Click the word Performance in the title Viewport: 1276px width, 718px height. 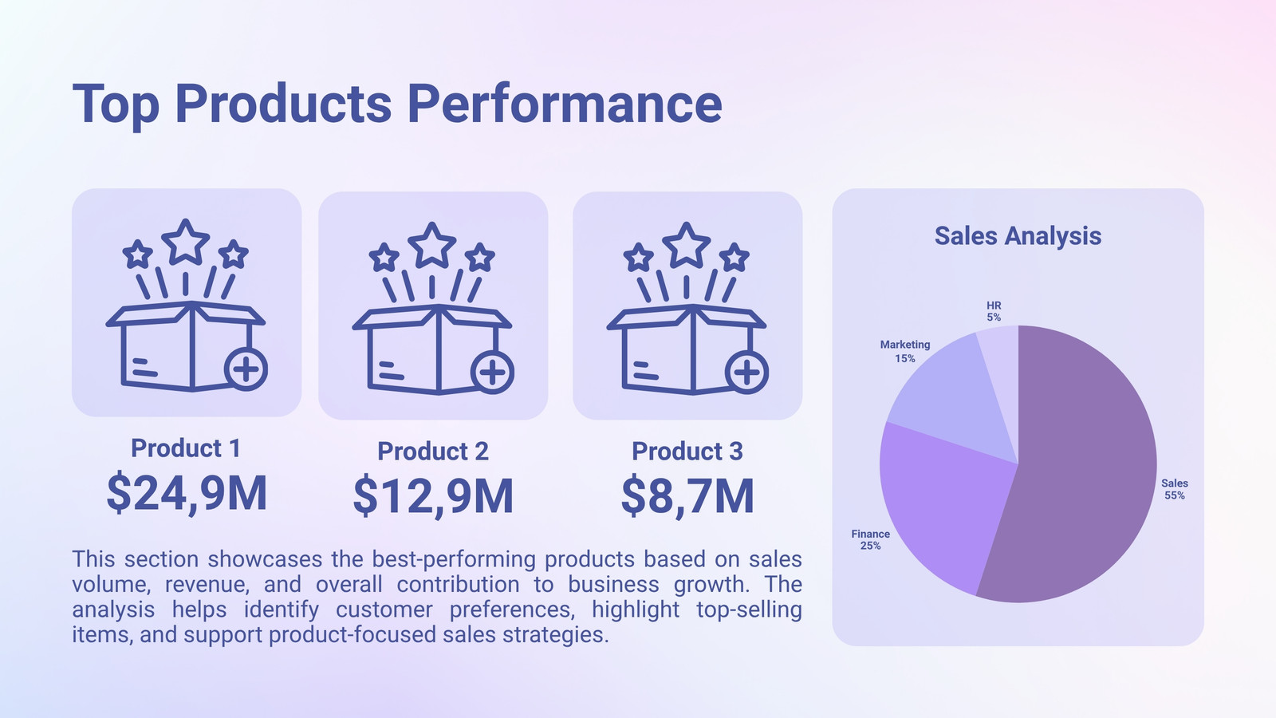pyautogui.click(x=565, y=104)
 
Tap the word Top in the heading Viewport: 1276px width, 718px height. pyautogui.click(x=116, y=106)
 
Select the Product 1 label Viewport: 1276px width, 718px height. pyautogui.click(x=186, y=448)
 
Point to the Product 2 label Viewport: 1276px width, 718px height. pyautogui.click(x=433, y=452)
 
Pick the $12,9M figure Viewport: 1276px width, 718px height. pyautogui.click(x=434, y=496)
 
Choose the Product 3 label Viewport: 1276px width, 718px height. pyautogui.click(x=687, y=452)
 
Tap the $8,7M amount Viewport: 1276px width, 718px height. pyautogui.click(x=687, y=496)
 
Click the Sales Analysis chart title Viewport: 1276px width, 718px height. pyautogui.click(x=1018, y=236)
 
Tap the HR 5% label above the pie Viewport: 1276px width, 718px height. pyautogui.click(x=994, y=312)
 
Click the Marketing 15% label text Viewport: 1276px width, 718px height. pyautogui.click(x=905, y=352)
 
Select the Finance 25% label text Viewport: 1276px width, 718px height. pyautogui.click(x=870, y=539)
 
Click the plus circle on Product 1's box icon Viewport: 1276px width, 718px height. pyautogui.click(x=246, y=369)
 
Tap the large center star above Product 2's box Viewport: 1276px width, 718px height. pyautogui.click(x=432, y=245)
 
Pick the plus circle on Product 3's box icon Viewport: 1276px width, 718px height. pyautogui.click(x=746, y=373)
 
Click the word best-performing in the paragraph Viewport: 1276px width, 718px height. pyautogui.click(x=454, y=559)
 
